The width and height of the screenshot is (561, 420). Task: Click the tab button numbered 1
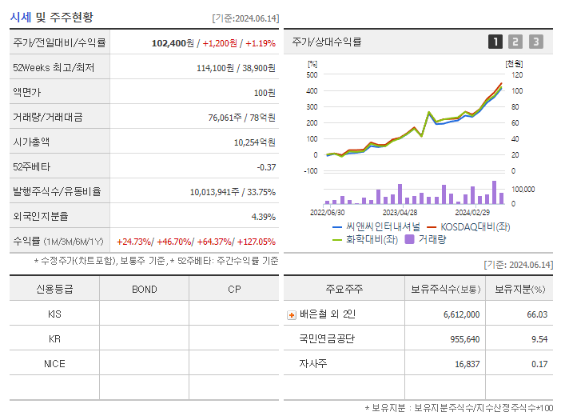(x=495, y=42)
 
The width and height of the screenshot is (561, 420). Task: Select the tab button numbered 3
(x=535, y=42)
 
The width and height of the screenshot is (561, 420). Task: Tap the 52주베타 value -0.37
(x=265, y=166)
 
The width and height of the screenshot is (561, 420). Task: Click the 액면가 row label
(x=26, y=92)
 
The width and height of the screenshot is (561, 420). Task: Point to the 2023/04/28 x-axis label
(x=400, y=212)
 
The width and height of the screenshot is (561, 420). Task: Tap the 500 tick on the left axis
(x=312, y=74)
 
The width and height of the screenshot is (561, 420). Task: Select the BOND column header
(x=144, y=289)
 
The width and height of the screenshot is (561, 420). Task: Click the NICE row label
(x=54, y=363)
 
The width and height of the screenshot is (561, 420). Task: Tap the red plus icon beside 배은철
(x=291, y=314)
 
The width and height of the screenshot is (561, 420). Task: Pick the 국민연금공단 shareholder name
(x=327, y=338)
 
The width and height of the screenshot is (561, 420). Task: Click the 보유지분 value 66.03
(x=536, y=314)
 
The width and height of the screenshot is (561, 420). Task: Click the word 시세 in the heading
(x=21, y=16)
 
